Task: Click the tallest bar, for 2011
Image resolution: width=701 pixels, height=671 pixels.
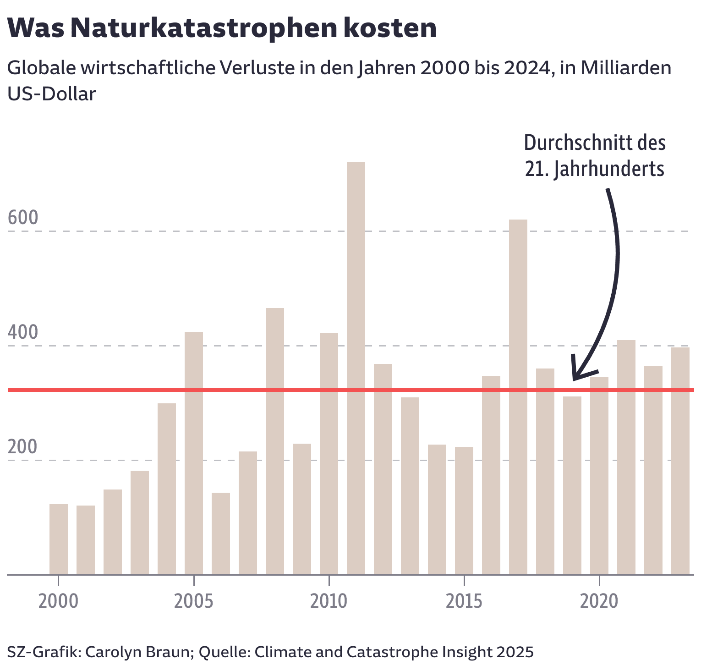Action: tap(356, 367)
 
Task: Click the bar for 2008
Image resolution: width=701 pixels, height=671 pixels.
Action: tap(275, 440)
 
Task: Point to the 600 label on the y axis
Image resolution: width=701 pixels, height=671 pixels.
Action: tap(23, 218)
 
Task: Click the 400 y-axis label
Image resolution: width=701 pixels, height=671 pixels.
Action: tap(23, 333)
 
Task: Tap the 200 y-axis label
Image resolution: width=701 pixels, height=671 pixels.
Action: tap(23, 447)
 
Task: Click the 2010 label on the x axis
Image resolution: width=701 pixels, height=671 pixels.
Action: tap(329, 601)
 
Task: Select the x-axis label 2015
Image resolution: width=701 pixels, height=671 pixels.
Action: tap(464, 601)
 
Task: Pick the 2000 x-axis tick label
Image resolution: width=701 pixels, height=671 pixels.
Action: tap(58, 601)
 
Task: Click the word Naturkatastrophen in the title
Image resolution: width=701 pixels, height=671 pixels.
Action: tap(204, 28)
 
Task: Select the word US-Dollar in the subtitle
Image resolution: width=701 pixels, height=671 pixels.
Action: tap(52, 94)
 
